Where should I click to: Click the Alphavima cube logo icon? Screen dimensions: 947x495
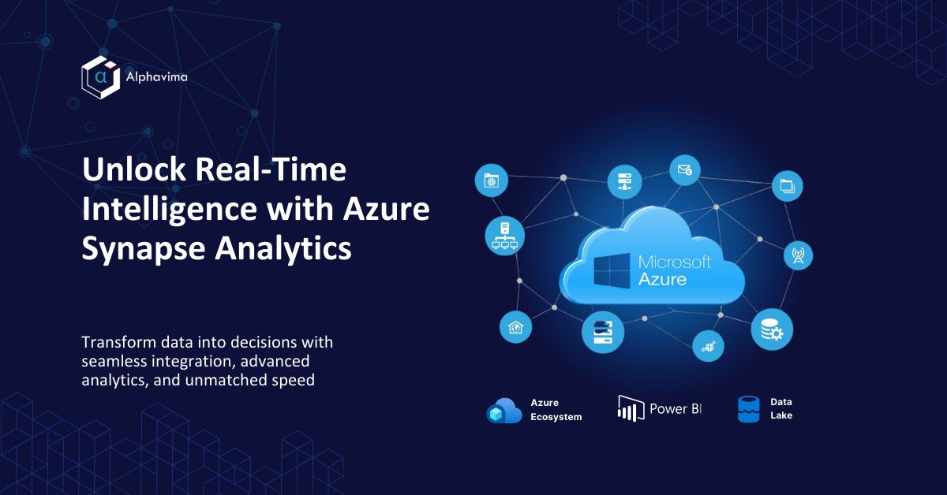tap(101, 77)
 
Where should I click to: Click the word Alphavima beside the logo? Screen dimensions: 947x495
tap(156, 77)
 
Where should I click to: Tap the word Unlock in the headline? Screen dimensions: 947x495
tap(134, 169)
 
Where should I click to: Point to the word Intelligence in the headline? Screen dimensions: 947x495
tap(169, 210)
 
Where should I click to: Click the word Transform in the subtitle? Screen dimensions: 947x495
tap(119, 342)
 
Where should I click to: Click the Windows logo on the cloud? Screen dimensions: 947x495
tap(612, 270)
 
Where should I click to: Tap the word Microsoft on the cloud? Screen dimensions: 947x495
tap(674, 262)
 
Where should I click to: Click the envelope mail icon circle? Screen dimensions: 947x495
tap(685, 170)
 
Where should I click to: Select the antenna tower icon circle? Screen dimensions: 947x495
tap(798, 255)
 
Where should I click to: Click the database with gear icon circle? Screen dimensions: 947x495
tap(772, 329)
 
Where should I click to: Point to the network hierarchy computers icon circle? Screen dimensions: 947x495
tap(505, 236)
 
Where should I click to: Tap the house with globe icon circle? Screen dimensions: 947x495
tap(516, 327)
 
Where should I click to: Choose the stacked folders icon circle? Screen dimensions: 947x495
tap(788, 186)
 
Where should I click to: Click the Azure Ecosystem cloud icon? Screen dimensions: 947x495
tap(504, 411)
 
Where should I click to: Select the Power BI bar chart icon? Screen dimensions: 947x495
tap(631, 408)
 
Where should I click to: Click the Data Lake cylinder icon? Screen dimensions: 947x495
tap(749, 409)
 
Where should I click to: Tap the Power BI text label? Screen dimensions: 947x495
tap(676, 409)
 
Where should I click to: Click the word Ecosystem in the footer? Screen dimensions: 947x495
tap(556, 417)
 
